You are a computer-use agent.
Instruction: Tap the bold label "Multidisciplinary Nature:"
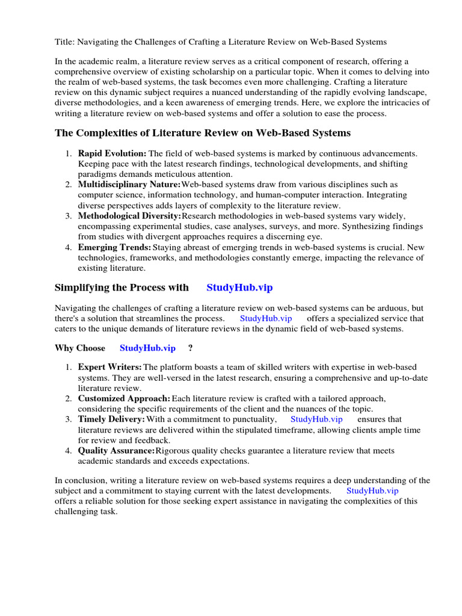(129, 184)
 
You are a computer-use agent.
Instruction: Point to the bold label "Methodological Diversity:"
(129, 215)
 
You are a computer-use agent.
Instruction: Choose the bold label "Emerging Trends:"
(114, 247)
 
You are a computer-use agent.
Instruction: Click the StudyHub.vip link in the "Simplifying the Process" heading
(239, 288)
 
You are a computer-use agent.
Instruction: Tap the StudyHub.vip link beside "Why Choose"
(147, 348)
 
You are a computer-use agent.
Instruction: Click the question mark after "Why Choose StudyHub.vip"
(191, 348)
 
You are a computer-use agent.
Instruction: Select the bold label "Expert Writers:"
(109, 367)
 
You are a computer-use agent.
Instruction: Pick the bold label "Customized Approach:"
(124, 398)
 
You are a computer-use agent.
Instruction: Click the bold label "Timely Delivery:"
(111, 419)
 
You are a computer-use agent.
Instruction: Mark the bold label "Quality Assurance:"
(116, 451)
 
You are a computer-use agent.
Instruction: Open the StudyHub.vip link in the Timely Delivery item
(316, 419)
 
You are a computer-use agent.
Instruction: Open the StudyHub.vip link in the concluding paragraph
(372, 490)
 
